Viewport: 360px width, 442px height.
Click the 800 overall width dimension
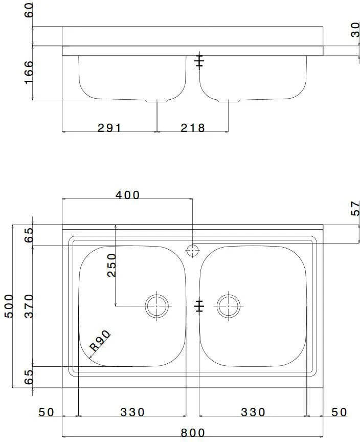pos(193,433)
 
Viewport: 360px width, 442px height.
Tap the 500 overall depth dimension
pos(9,306)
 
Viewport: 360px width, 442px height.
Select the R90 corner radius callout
pos(100,341)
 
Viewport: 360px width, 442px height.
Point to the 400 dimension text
pos(127,195)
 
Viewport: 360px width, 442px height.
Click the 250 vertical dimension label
pos(112,266)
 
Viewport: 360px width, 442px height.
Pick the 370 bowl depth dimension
pos(29,306)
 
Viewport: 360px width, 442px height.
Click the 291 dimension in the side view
pos(109,128)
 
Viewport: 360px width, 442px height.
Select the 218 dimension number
pos(193,128)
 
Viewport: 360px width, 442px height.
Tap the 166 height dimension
pos(29,72)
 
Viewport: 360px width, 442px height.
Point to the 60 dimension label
pos(29,10)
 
